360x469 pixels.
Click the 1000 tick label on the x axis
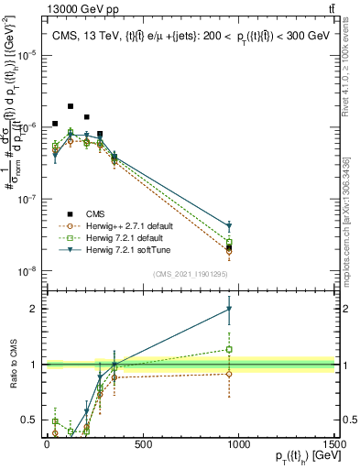click(238, 444)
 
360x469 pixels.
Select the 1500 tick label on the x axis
click(333, 444)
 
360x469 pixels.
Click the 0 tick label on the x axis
click(47, 444)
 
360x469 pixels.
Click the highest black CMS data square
click(71, 106)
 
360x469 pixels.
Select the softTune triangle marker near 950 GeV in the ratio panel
click(229, 310)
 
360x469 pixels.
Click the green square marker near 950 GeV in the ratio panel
click(229, 349)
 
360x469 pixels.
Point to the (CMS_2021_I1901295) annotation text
click(190, 273)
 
